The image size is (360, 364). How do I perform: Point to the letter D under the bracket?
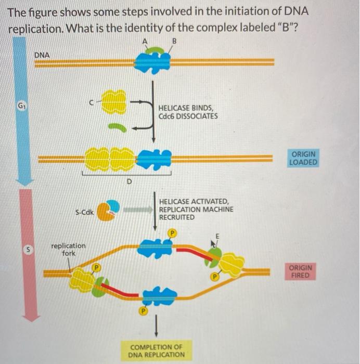click(129, 181)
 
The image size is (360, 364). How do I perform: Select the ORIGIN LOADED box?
click(303, 158)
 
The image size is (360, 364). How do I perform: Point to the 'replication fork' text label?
click(68, 249)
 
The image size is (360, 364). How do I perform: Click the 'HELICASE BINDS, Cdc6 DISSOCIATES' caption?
click(187, 112)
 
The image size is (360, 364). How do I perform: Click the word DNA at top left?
click(43, 55)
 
